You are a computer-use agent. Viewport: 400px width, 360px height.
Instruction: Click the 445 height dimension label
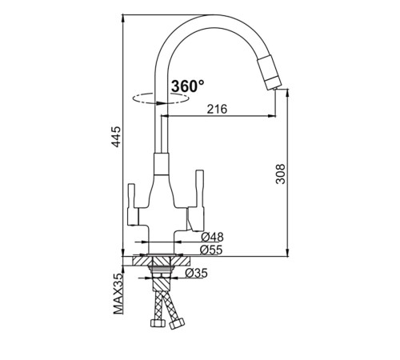(116, 137)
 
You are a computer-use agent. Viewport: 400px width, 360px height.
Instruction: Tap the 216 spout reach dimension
(218, 109)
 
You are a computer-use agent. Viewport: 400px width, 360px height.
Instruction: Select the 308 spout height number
(281, 174)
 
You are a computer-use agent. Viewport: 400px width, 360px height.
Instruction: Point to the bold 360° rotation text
(188, 86)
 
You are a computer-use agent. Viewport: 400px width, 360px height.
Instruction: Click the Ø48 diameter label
(212, 237)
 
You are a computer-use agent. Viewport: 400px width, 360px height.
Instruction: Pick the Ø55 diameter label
(211, 250)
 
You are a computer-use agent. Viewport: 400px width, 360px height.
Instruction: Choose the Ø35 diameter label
(196, 273)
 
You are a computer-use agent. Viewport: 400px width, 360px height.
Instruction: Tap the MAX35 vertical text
(118, 294)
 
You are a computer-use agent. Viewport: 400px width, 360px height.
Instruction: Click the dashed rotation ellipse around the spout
(161, 98)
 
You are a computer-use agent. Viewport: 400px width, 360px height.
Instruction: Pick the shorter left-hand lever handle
(133, 205)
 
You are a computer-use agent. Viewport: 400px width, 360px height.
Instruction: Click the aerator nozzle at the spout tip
(270, 73)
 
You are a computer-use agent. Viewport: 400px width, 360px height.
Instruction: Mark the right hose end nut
(177, 323)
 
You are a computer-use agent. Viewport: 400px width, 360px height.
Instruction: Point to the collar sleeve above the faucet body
(162, 164)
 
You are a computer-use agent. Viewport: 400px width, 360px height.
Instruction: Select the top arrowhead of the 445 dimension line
(122, 18)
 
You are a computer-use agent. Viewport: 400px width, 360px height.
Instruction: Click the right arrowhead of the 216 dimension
(271, 116)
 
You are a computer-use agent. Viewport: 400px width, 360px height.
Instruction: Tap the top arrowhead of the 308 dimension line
(287, 93)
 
